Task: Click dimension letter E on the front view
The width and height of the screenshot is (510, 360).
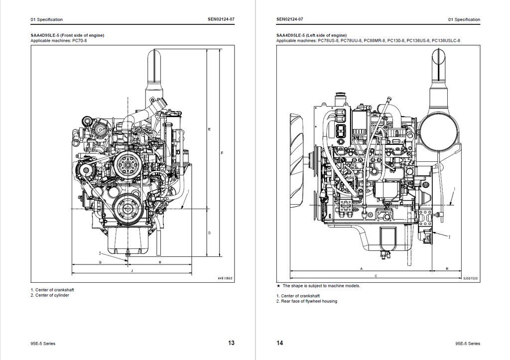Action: [209, 129]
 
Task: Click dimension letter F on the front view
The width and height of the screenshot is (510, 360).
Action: [222, 152]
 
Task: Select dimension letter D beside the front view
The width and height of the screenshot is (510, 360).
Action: [209, 233]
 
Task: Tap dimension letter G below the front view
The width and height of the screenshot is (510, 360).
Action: [100, 262]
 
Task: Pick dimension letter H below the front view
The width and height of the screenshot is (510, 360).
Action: [160, 262]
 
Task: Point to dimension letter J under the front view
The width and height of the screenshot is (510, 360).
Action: [132, 270]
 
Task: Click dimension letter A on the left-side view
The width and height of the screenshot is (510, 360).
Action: [361, 268]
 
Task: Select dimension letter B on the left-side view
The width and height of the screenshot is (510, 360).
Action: [447, 268]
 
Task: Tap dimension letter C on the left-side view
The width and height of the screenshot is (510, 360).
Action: [376, 275]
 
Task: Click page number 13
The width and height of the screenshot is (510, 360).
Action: [231, 343]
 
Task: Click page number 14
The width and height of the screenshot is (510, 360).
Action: [279, 343]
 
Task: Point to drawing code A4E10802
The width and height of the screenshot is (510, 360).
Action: [225, 278]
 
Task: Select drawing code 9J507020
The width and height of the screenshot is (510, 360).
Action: [470, 279]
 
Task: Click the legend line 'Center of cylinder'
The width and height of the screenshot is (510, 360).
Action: [50, 295]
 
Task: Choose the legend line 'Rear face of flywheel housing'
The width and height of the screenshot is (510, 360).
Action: [309, 301]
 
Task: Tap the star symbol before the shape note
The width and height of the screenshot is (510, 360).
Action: [278, 286]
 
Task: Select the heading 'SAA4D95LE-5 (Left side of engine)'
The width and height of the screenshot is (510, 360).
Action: [311, 35]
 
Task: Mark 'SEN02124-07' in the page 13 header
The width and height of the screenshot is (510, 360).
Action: [221, 19]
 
